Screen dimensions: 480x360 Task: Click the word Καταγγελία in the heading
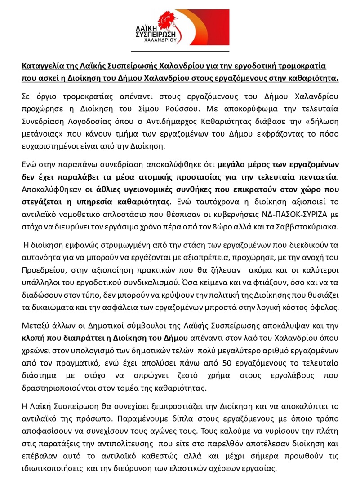(42, 66)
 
